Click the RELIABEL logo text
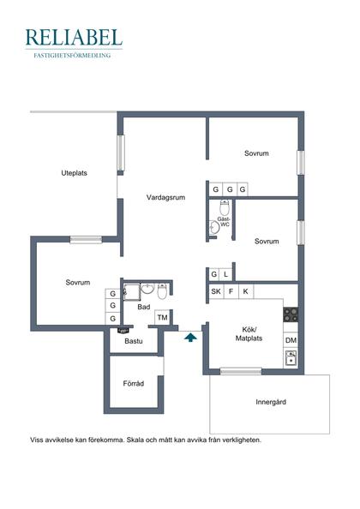coord(74,37)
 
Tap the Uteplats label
coord(74,173)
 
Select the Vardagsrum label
coord(165,197)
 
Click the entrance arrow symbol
coord(190,337)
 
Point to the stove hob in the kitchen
coord(291,314)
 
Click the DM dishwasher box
coord(291,340)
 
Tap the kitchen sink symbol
coord(291,358)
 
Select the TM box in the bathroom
coord(162,317)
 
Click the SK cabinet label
coord(216,291)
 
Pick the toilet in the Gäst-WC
coord(225,207)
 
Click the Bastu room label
coord(134,341)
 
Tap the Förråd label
coord(134,383)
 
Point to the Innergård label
coord(271,402)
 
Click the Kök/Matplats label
coord(249,334)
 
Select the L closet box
coord(226,274)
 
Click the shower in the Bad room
coord(131,292)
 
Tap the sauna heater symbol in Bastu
coord(123,331)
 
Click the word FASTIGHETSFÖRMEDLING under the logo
coord(72,56)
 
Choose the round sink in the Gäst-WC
coord(214,228)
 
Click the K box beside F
coord(246,291)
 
